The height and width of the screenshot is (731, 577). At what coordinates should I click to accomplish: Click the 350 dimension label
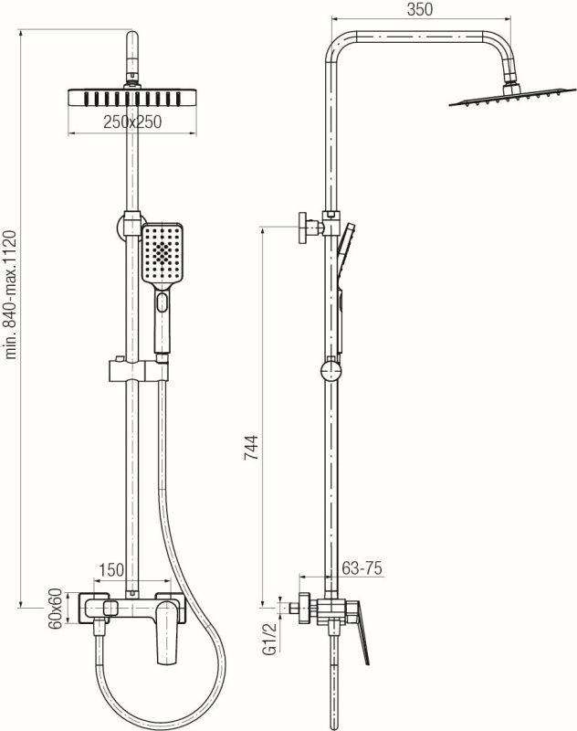coord(420,9)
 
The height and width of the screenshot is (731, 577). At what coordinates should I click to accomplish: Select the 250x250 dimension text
coord(132,122)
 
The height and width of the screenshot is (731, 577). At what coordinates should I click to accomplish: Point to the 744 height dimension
coord(251,448)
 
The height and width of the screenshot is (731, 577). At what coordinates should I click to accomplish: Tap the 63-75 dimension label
coord(362,567)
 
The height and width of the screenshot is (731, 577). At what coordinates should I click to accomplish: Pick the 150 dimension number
coord(111,569)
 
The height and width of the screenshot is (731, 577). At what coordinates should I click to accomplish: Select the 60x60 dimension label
coord(56,609)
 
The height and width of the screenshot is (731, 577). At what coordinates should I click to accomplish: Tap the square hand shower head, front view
coord(163,254)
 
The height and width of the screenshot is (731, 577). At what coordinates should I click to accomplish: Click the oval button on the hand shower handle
coord(163,302)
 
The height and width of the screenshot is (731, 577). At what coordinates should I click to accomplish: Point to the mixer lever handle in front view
coord(166,631)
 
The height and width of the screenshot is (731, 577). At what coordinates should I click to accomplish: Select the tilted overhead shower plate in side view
coord(505,97)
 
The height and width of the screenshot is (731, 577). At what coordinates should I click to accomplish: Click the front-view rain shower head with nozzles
coord(132,98)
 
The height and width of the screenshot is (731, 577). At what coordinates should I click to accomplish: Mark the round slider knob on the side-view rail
coord(331,371)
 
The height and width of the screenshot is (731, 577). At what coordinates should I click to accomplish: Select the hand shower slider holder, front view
coord(138,371)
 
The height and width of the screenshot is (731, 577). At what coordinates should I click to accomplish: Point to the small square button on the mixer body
coord(110,608)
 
